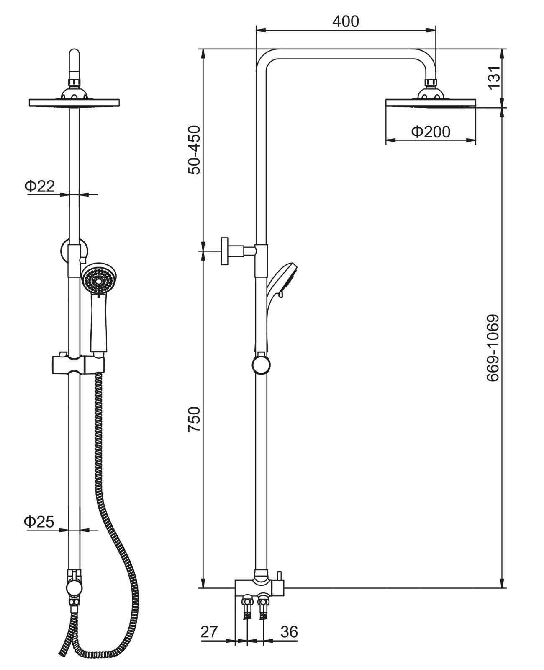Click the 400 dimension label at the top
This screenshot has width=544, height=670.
[x=346, y=21]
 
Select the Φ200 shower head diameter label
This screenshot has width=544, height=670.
[x=431, y=132]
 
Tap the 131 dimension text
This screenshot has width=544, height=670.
[x=494, y=78]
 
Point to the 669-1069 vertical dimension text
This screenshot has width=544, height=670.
[x=493, y=348]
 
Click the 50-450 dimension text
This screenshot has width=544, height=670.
[x=195, y=150]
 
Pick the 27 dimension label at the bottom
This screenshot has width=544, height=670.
[x=210, y=632]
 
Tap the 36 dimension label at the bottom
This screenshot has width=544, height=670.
[x=289, y=632]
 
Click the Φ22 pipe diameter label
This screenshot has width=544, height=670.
[x=40, y=186]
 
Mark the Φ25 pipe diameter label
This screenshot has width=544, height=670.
[x=39, y=522]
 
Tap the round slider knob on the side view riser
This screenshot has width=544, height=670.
[x=261, y=365]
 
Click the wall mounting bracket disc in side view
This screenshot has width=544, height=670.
[x=225, y=251]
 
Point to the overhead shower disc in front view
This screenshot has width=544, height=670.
[x=74, y=103]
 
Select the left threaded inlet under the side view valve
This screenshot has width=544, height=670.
[x=247, y=607]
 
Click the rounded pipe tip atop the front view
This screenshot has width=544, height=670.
[x=74, y=57]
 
